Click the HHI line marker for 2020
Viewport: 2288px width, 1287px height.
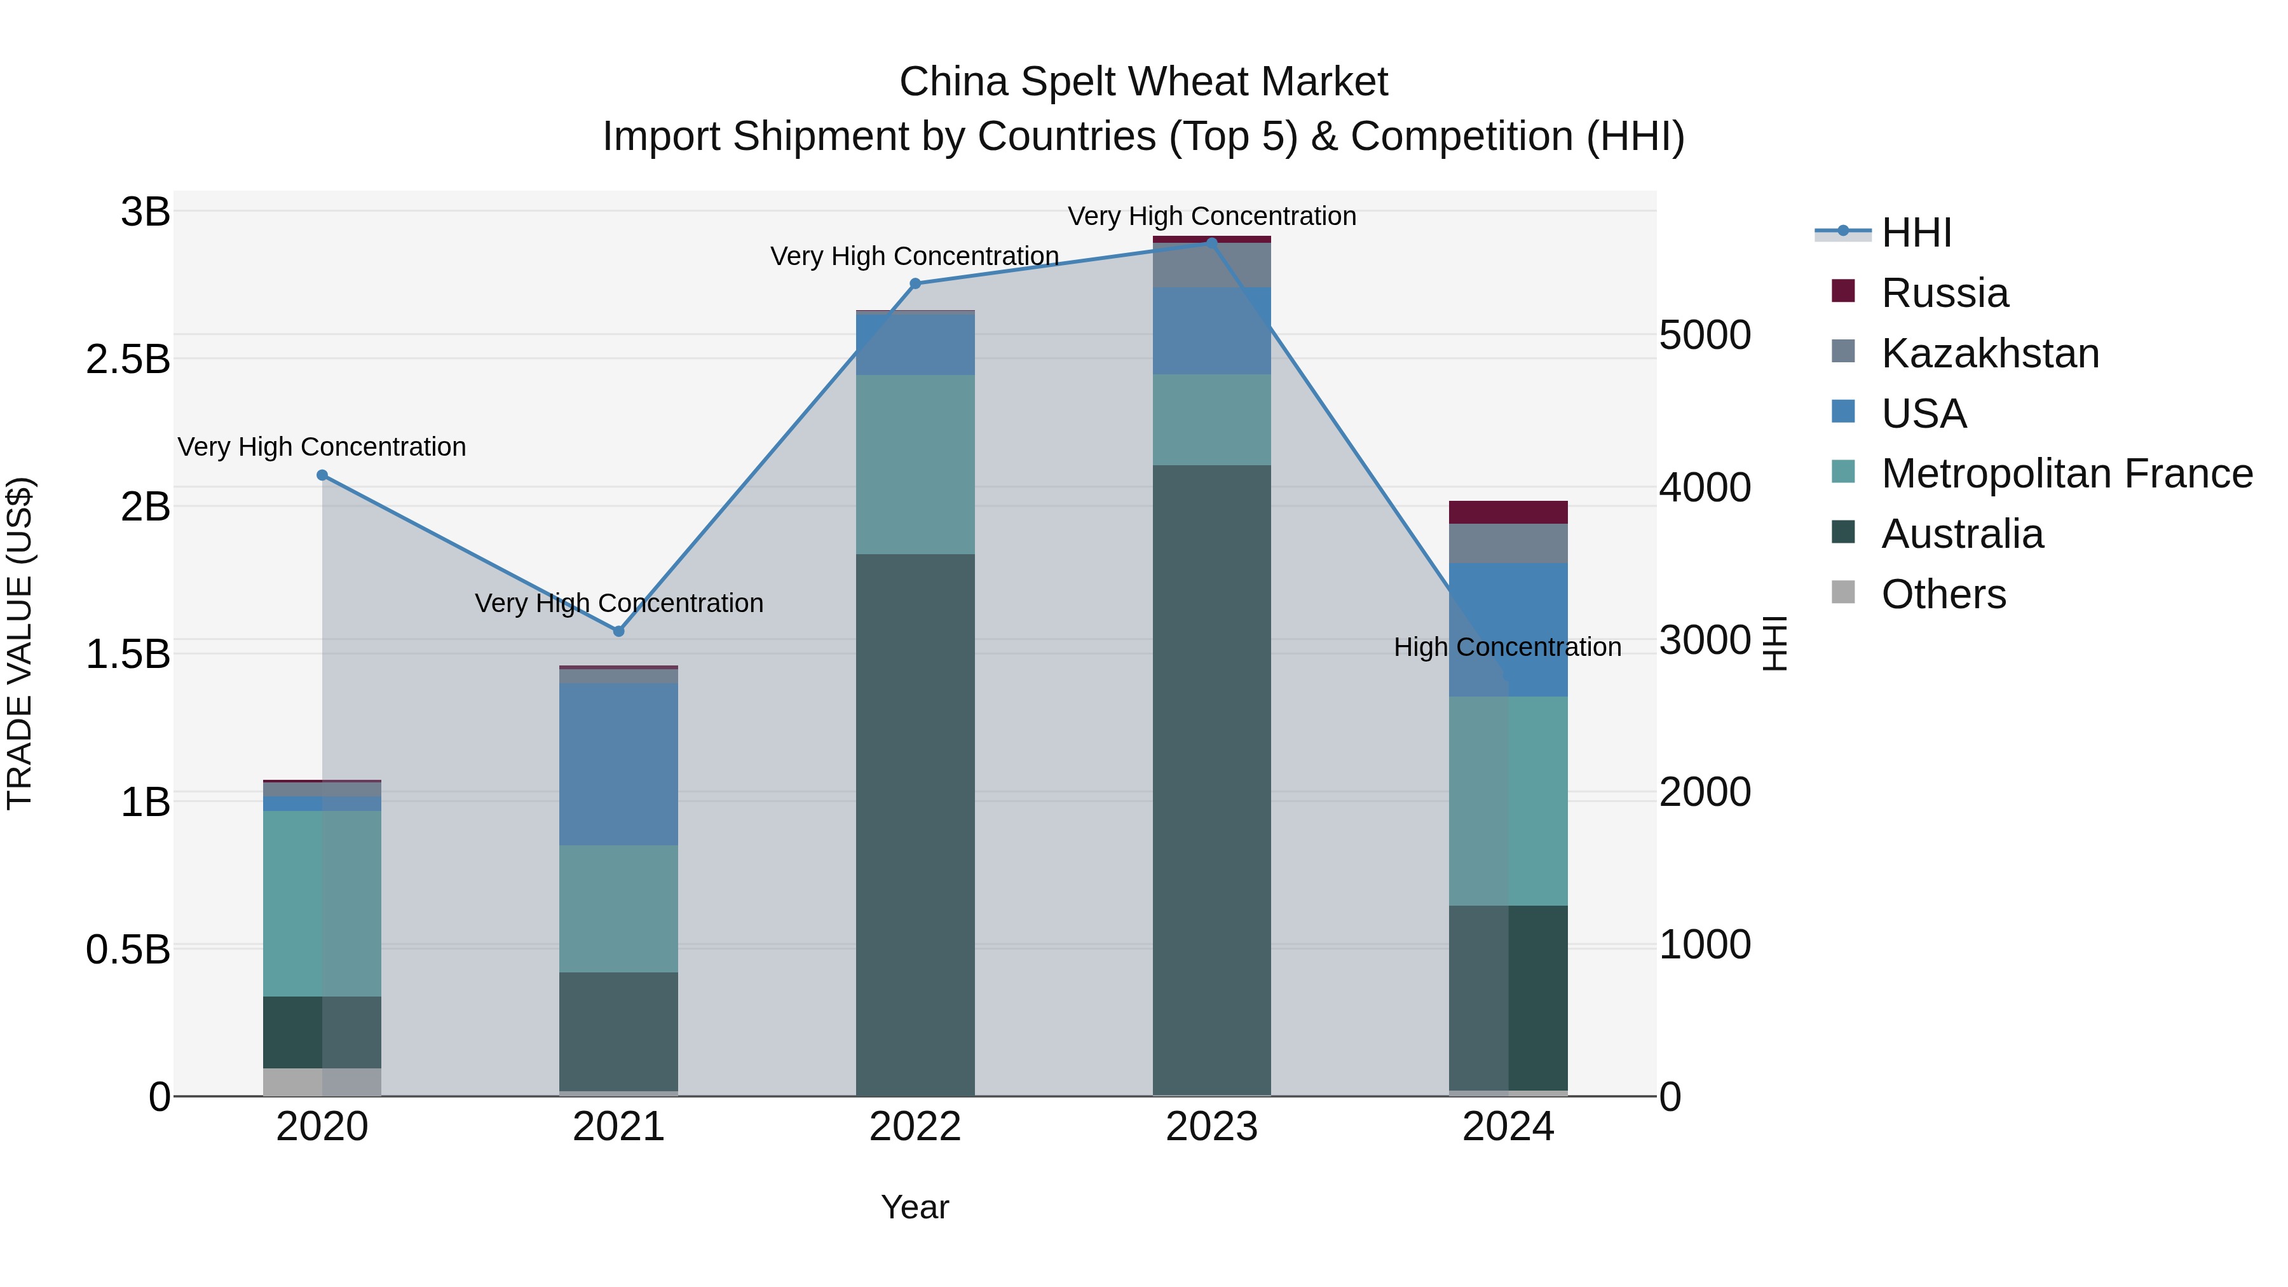[x=322, y=475]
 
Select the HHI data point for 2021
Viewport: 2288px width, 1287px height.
[x=619, y=632]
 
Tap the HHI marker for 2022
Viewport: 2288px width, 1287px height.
[x=916, y=283]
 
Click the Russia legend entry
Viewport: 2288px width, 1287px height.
[x=1944, y=293]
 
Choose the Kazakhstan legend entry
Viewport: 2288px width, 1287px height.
[x=1989, y=353]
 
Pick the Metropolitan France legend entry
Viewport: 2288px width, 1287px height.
[x=2066, y=473]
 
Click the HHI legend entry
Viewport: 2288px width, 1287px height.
[x=1916, y=233]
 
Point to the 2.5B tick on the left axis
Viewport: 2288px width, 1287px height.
[x=128, y=360]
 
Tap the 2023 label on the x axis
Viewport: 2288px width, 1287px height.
[x=1211, y=1127]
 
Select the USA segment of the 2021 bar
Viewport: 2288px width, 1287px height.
[x=619, y=764]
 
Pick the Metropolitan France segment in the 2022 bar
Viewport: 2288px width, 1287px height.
[x=916, y=465]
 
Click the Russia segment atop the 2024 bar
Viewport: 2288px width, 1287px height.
[x=1508, y=512]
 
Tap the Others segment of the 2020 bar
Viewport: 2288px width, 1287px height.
[x=322, y=1082]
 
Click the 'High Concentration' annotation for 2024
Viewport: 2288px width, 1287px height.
[x=1508, y=648]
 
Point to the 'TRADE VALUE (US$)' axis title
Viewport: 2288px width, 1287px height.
[x=20, y=643]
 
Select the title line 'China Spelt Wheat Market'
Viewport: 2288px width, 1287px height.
[x=1143, y=82]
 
